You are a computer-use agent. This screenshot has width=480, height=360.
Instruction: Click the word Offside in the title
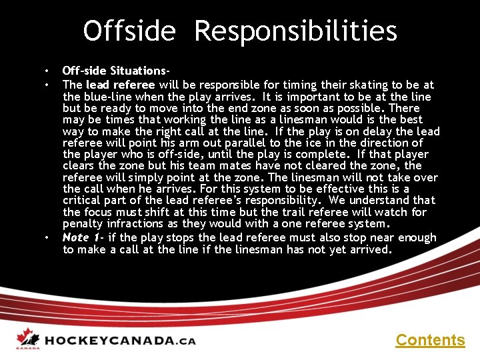click(x=129, y=31)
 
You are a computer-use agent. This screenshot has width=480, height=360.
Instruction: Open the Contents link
click(x=430, y=340)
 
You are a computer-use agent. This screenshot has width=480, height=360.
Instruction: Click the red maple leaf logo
click(x=26, y=338)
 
